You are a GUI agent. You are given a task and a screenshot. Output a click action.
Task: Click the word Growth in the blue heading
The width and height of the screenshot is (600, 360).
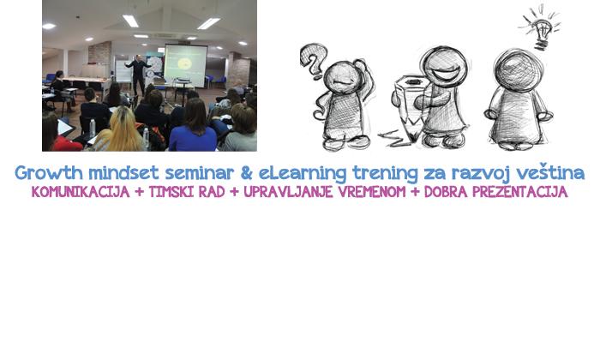click(x=49, y=173)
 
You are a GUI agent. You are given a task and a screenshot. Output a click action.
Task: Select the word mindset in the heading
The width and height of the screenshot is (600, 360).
click(x=123, y=173)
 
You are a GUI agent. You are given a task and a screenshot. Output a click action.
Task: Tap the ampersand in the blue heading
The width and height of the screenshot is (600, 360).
click(x=247, y=172)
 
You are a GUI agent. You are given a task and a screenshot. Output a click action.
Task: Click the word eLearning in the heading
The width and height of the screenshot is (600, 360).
click(x=303, y=173)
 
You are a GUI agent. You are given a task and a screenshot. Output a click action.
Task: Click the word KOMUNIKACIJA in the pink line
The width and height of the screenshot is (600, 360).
click(x=81, y=192)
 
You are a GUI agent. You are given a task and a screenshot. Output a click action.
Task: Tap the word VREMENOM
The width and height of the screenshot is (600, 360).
click(x=371, y=192)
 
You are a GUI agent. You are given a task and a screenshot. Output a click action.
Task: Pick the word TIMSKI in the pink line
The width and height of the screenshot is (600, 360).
click(x=171, y=192)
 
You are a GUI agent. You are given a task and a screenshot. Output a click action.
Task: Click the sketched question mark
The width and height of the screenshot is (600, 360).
click(x=314, y=61)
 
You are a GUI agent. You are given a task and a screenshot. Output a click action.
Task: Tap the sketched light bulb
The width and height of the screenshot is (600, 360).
click(x=541, y=28)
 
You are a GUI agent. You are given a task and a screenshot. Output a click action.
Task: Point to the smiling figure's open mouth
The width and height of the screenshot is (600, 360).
click(x=445, y=74)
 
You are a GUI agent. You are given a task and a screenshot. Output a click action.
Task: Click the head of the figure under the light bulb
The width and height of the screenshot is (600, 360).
click(x=518, y=71)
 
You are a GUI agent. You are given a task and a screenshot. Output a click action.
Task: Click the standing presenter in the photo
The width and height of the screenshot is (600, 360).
click(x=138, y=75)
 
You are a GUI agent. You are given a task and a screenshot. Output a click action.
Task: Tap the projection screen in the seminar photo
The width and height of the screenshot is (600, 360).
click(x=186, y=65)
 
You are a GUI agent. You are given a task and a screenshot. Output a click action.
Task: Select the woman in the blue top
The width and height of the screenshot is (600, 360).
click(x=193, y=126)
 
